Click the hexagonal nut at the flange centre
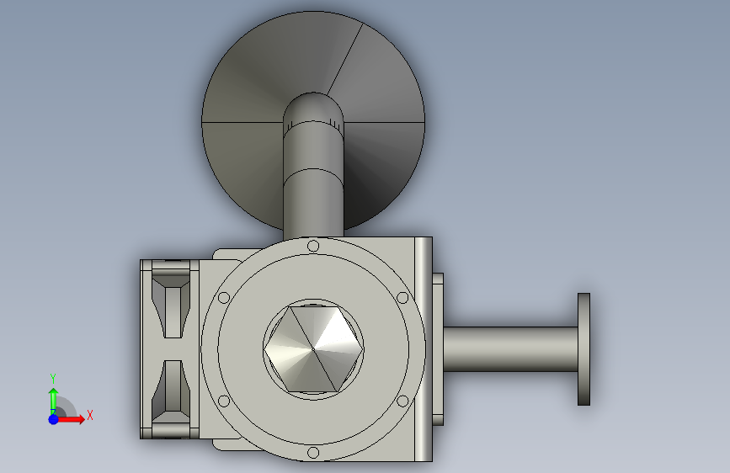click(313, 348)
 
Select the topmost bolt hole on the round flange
click(313, 246)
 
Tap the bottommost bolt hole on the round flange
click(313, 453)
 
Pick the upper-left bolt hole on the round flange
click(224, 297)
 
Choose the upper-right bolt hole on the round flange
click(402, 297)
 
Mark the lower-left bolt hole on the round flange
click(224, 401)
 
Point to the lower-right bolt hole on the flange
click(402, 401)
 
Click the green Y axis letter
click(53, 379)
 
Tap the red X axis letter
click(90, 415)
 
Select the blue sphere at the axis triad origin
click(54, 419)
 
